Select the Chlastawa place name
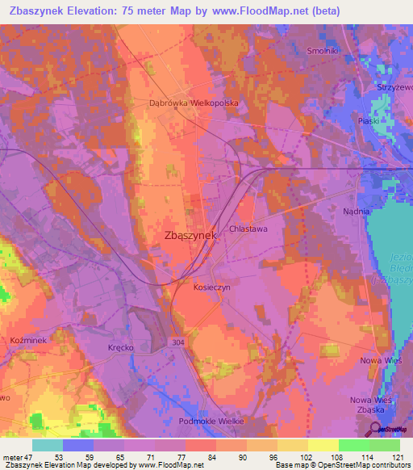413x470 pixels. click(x=248, y=229)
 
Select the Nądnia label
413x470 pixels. click(x=355, y=211)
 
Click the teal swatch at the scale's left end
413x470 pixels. click(x=48, y=445)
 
